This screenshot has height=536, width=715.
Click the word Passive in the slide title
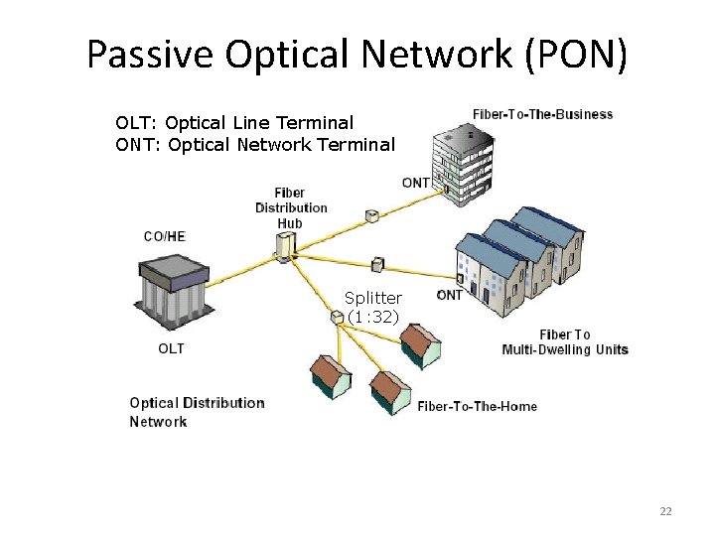point(150,54)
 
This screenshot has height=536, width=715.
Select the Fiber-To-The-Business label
point(542,114)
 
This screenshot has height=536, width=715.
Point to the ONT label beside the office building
point(415,183)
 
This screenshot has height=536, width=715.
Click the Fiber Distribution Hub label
point(290,207)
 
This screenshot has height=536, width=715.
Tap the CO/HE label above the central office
point(164,236)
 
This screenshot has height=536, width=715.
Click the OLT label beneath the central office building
point(171,348)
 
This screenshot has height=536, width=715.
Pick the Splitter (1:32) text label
point(373,307)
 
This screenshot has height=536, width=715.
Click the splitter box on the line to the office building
point(371,215)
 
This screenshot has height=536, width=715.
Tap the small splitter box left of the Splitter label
point(337,318)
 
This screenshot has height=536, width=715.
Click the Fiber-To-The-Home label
point(477,406)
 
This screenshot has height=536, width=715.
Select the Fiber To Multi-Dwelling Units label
point(565,341)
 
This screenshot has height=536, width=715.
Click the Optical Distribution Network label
point(197,412)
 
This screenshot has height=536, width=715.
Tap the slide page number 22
point(665,511)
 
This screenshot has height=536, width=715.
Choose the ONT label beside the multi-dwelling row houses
point(449,295)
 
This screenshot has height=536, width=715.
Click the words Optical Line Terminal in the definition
point(259,123)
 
